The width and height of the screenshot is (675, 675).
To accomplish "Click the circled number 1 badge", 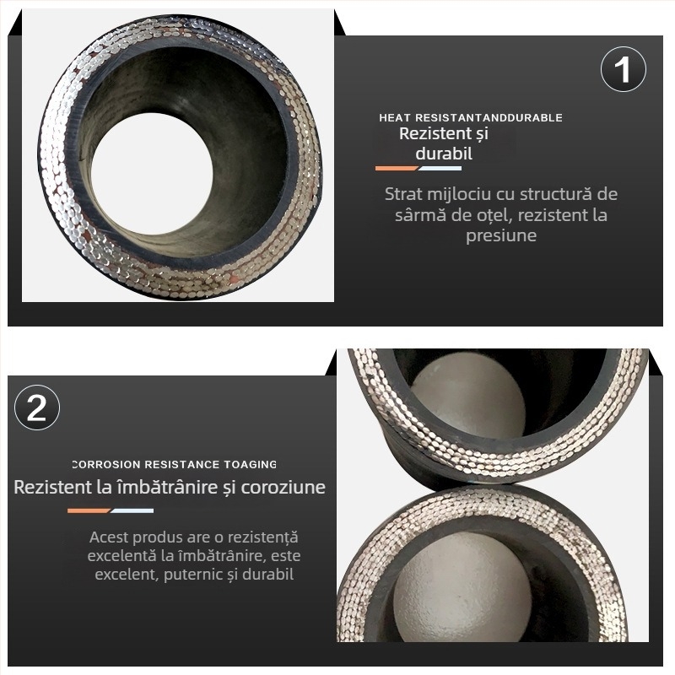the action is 623,69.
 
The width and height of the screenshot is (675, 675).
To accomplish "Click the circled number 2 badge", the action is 36,408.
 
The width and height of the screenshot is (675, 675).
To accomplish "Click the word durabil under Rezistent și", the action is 444,154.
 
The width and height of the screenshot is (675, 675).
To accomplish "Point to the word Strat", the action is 403,194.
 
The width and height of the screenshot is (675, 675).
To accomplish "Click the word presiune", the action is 501,236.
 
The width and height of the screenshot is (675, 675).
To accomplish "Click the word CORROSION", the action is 106,465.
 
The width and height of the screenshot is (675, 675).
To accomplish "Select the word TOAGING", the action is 250,465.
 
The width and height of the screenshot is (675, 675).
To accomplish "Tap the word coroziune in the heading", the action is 283,488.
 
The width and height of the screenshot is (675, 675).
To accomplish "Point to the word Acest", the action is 109,537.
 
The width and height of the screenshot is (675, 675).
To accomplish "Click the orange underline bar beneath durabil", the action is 397,168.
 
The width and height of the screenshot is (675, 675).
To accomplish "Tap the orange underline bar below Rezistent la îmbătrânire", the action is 89,511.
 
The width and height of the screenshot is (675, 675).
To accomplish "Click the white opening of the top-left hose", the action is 152,173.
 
